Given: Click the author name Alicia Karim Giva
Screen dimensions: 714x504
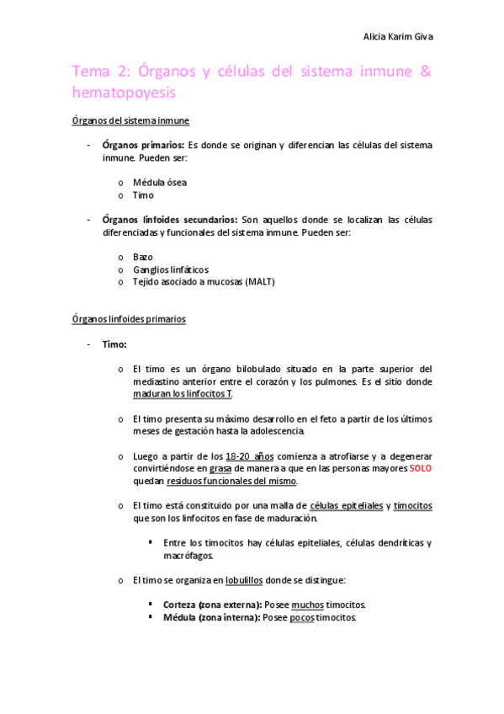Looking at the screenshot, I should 397,36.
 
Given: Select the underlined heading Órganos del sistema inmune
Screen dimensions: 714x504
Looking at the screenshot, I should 130,120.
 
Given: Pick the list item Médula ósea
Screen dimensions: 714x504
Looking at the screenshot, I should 160,182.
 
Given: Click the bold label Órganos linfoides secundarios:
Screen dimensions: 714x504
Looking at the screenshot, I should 171,219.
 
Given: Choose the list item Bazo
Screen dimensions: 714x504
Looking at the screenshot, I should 143,256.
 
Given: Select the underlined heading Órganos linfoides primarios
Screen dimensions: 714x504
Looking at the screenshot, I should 129,319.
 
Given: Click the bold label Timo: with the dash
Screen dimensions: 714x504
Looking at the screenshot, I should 114,344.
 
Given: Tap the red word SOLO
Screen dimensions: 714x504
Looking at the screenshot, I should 421,468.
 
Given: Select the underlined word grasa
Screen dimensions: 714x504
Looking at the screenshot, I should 221,468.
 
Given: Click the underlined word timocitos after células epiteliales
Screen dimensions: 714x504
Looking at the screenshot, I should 412,505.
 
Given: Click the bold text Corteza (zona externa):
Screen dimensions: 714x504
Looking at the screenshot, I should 212,605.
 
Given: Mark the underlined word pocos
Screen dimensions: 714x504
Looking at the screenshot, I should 301,617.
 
